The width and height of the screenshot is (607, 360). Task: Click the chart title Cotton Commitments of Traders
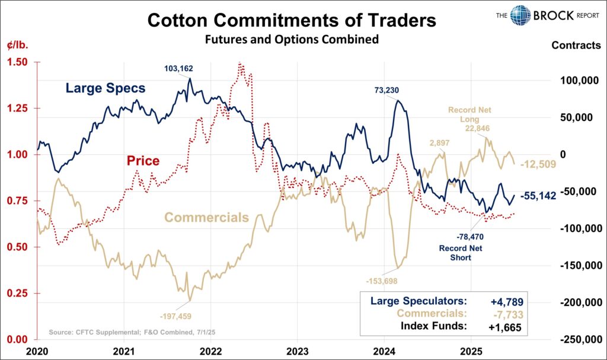(x=291, y=20)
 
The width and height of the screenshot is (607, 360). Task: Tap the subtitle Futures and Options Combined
(x=291, y=40)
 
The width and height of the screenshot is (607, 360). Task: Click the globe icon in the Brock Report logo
(x=520, y=15)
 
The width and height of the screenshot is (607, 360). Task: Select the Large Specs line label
(x=106, y=89)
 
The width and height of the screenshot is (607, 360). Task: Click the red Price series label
(x=143, y=160)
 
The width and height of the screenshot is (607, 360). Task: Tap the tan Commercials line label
(x=206, y=217)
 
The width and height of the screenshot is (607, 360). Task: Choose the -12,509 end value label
(x=538, y=164)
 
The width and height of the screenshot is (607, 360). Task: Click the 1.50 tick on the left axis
(x=18, y=62)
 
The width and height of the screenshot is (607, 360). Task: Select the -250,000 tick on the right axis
(x=580, y=339)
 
